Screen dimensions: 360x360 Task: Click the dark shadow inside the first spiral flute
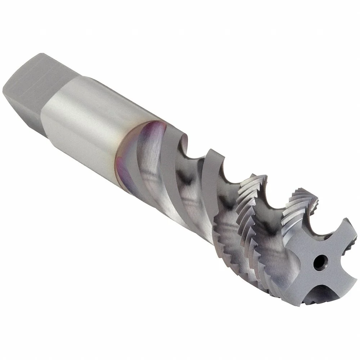click(x=187, y=169)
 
